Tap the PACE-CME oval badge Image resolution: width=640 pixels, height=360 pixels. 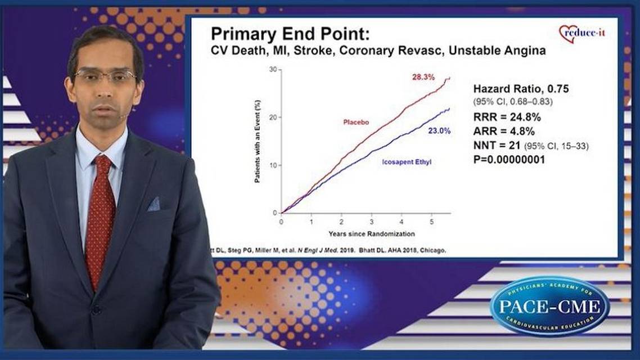tap(549, 306)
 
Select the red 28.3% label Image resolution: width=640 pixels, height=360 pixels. tap(423, 77)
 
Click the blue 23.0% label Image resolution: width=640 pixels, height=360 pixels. tap(439, 131)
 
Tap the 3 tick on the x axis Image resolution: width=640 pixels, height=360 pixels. tap(372, 222)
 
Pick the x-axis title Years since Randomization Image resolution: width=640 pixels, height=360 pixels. tap(372, 233)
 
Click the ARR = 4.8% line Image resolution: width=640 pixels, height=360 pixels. tap(504, 133)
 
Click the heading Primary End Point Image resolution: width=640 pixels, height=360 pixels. tap(290, 33)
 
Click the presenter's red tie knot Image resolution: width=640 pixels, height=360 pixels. tap(103, 165)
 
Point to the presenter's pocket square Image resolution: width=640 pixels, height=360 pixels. tap(154, 204)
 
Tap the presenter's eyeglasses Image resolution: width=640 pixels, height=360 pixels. tap(105, 75)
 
